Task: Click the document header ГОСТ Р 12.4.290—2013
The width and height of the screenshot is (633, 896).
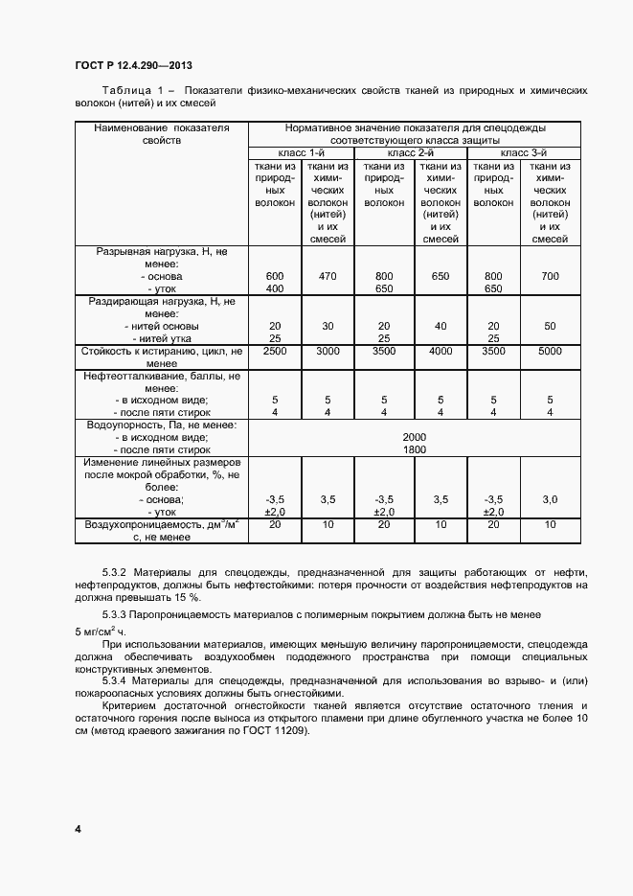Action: (133, 65)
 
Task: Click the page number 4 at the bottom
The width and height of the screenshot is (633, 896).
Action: (78, 828)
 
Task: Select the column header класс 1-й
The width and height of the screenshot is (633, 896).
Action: (302, 153)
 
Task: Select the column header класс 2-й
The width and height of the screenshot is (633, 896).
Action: (411, 153)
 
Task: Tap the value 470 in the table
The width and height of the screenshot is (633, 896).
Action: (328, 276)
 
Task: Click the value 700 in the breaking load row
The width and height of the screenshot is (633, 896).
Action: (550, 276)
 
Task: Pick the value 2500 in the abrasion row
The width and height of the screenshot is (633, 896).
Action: (275, 352)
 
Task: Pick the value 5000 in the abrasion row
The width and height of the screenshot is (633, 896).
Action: (550, 352)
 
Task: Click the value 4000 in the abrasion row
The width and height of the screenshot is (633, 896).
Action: (440, 352)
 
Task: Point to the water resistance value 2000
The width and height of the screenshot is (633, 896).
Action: (414, 437)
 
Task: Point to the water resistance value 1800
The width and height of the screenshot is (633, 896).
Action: (414, 449)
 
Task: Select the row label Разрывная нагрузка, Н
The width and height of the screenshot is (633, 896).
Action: (161, 251)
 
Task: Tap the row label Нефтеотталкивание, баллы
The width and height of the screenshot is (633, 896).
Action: (161, 376)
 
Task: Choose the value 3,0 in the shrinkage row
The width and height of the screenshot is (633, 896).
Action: (550, 499)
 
